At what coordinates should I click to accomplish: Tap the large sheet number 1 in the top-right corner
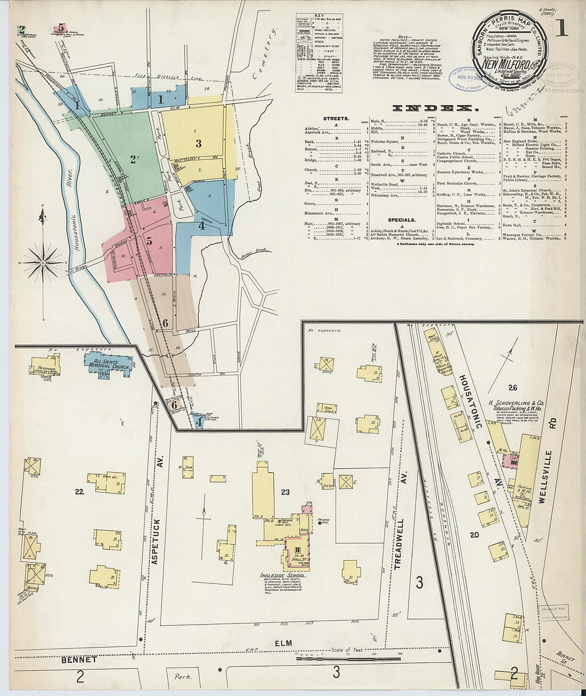[561, 28]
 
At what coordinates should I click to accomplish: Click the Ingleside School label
[283, 576]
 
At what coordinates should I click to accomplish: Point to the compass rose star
[43, 262]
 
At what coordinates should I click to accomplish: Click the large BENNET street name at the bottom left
[78, 660]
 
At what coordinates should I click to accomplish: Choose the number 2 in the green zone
[133, 158]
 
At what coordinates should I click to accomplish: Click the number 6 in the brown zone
[165, 323]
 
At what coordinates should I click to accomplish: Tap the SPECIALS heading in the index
[401, 220]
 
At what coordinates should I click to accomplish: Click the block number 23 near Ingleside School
[285, 492]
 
